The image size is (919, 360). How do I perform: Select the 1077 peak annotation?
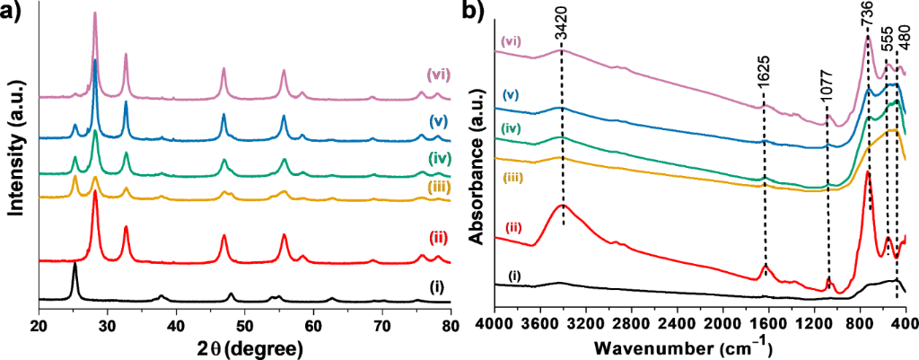(x=827, y=101)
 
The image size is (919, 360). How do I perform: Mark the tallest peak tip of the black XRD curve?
(x=74, y=264)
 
